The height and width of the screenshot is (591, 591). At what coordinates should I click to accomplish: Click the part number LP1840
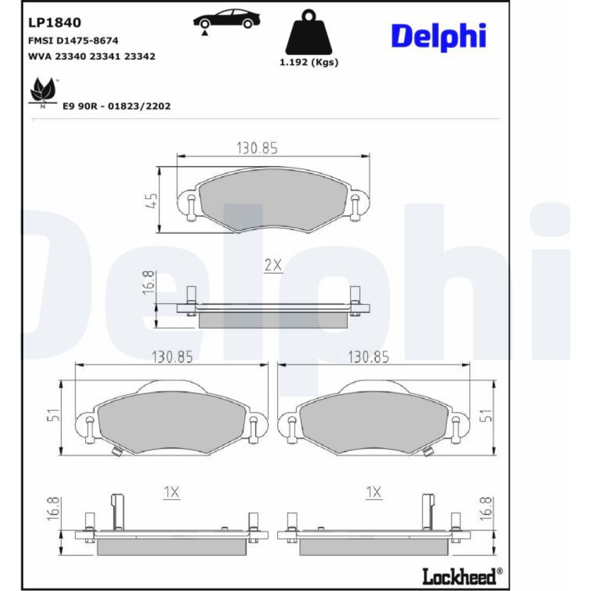click(54, 22)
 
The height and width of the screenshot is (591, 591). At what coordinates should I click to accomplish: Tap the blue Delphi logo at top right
click(439, 37)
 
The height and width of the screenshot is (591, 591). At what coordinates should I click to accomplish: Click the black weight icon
click(309, 33)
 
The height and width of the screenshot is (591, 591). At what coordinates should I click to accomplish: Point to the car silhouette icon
click(226, 21)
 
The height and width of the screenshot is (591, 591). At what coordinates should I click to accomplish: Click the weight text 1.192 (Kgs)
click(309, 62)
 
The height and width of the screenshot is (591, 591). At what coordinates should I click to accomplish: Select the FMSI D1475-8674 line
click(73, 40)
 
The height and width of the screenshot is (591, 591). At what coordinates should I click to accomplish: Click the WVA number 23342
click(139, 57)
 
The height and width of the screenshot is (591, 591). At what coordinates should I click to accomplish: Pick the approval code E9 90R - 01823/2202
click(116, 106)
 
